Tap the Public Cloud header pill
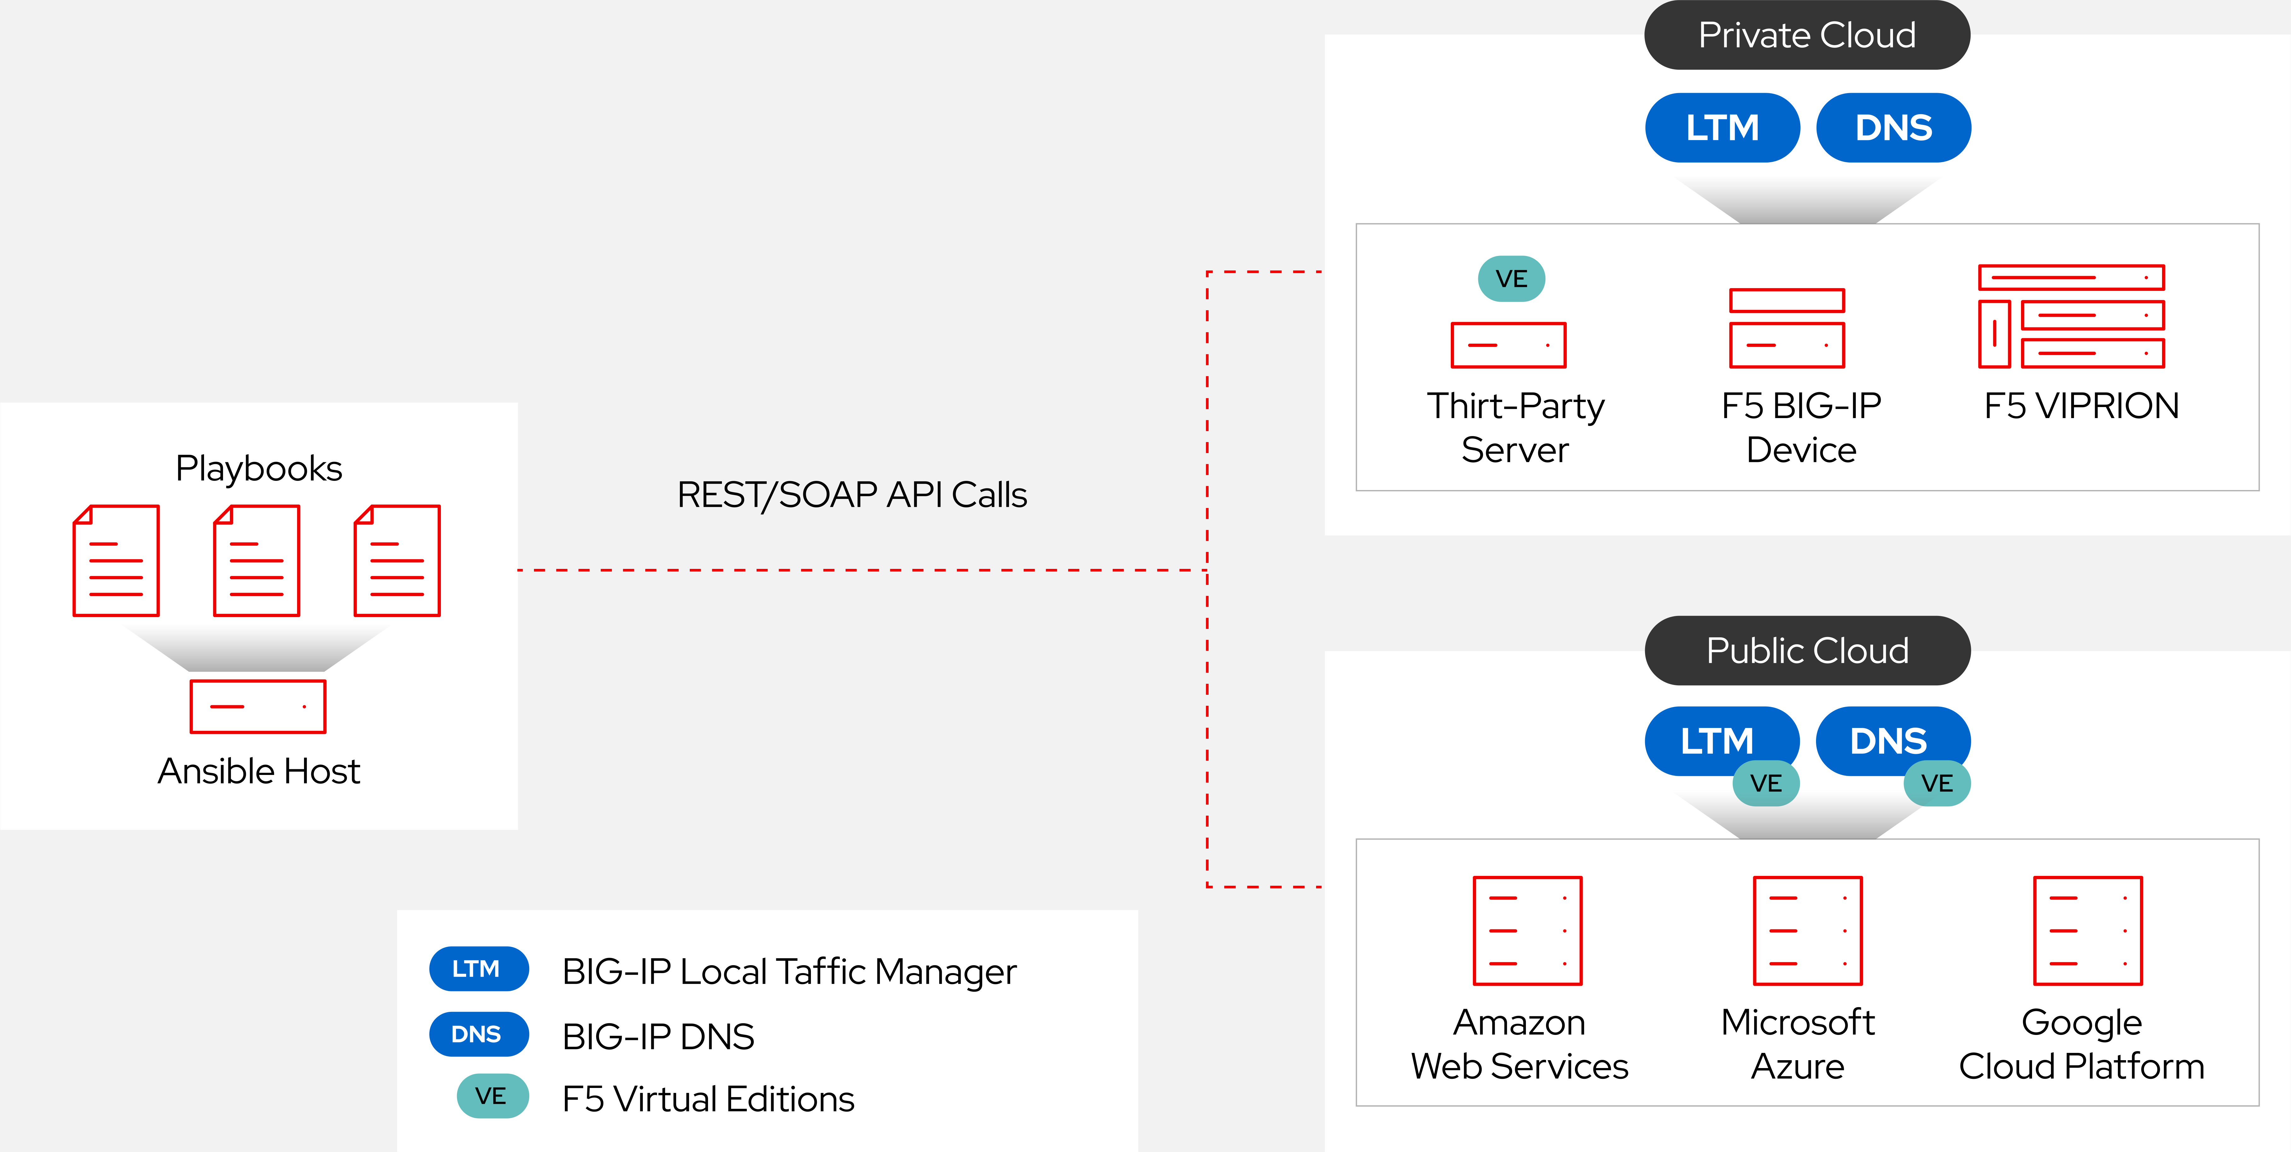click(1806, 650)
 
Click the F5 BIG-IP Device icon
click(1787, 328)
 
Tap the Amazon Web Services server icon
click(1527, 930)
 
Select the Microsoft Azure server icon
click(1807, 930)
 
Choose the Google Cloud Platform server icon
click(2087, 930)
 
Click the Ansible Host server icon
click(258, 706)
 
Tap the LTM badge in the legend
click(478, 969)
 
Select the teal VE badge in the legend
click(492, 1096)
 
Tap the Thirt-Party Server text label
click(1515, 428)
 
